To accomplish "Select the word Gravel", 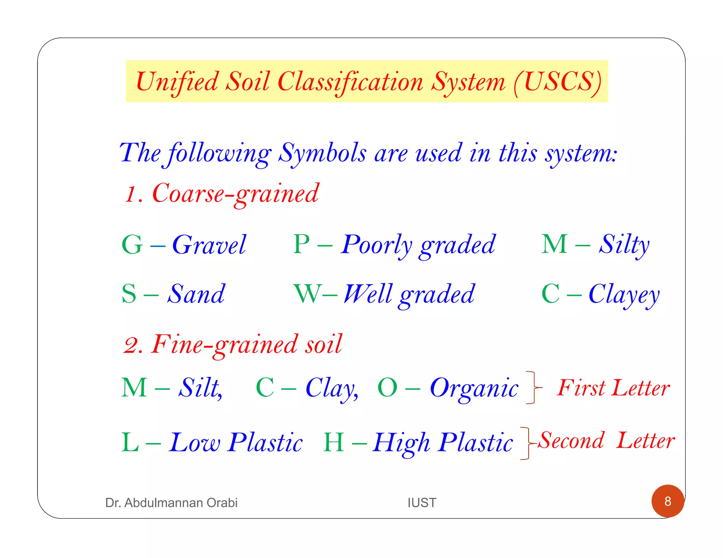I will tap(209, 245).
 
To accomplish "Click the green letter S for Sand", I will tap(129, 293).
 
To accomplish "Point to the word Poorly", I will tap(377, 245).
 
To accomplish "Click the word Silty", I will tap(624, 245).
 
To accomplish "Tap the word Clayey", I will tap(624, 295).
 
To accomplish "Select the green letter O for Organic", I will tap(387, 387).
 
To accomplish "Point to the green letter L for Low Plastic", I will tap(130, 442).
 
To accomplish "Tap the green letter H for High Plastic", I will tap(334, 442).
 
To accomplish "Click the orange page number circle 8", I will tap(668, 501).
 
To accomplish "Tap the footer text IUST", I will tap(422, 503).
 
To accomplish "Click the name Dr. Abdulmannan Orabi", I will tap(171, 503).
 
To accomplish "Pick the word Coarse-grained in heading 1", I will tap(235, 194).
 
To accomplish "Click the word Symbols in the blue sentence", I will tap(322, 154).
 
